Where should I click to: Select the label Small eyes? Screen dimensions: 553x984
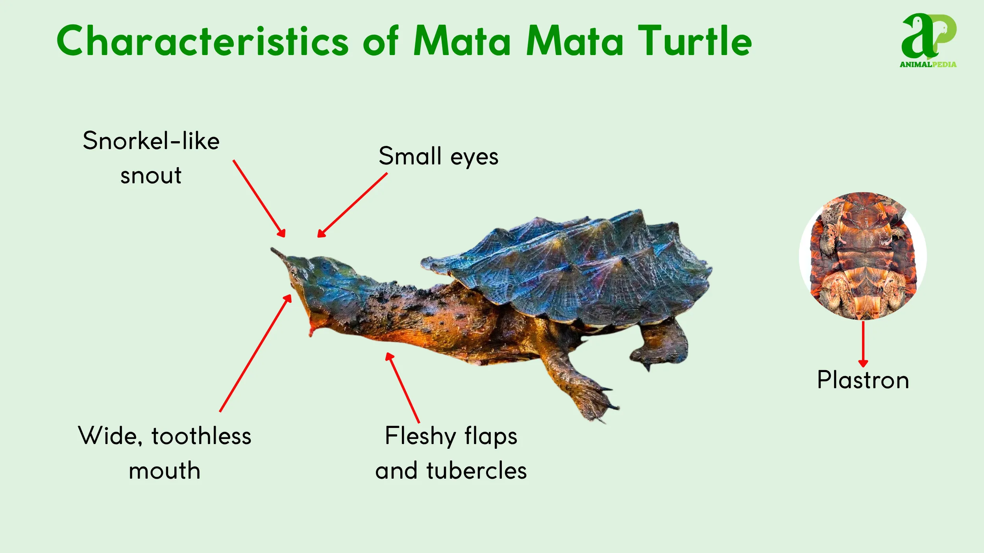(438, 157)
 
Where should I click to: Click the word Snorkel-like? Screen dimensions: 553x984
(151, 141)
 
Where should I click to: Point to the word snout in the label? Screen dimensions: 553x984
(151, 175)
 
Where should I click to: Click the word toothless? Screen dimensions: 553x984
(202, 436)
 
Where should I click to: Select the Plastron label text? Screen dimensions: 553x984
(863, 380)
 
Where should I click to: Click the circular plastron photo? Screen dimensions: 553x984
(863, 256)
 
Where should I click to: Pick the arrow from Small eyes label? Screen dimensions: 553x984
(353, 205)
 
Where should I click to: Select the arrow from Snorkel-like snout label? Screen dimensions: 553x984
(259, 198)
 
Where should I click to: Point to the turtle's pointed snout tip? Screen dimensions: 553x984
(273, 250)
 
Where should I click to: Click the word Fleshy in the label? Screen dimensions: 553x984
(420, 436)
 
